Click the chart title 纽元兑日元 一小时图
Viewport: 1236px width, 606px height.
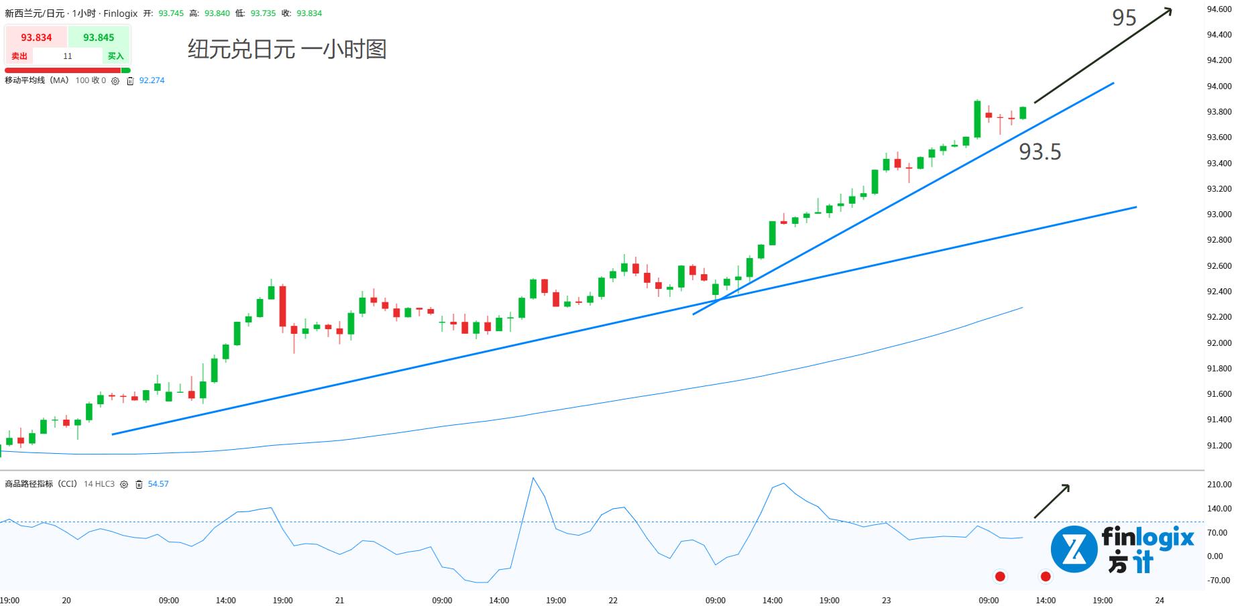pos(287,50)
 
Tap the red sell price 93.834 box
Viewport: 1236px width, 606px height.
pos(36,38)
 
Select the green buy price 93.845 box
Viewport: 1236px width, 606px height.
pos(99,38)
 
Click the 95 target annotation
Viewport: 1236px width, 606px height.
pos(1124,18)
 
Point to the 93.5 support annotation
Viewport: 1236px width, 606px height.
pos(1040,152)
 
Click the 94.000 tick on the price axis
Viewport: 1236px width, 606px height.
pos(1219,86)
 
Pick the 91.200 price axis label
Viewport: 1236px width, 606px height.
pos(1219,446)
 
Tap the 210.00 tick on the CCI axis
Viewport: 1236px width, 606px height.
pos(1219,484)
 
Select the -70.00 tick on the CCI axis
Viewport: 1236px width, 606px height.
pos(1219,581)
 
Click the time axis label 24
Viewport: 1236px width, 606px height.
pos(1160,601)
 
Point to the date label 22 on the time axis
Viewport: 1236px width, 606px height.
pos(613,601)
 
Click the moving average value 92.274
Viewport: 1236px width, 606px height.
pos(152,80)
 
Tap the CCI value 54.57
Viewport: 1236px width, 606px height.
pos(158,484)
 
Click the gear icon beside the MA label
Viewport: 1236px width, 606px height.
pos(115,81)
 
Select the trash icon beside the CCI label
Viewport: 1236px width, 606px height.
pos(139,485)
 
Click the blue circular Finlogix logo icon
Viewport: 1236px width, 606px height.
pos(1074,549)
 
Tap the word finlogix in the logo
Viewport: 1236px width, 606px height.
pos(1147,538)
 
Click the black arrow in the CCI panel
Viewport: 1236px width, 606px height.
pos(1052,501)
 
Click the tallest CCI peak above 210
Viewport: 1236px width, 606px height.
pos(533,479)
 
